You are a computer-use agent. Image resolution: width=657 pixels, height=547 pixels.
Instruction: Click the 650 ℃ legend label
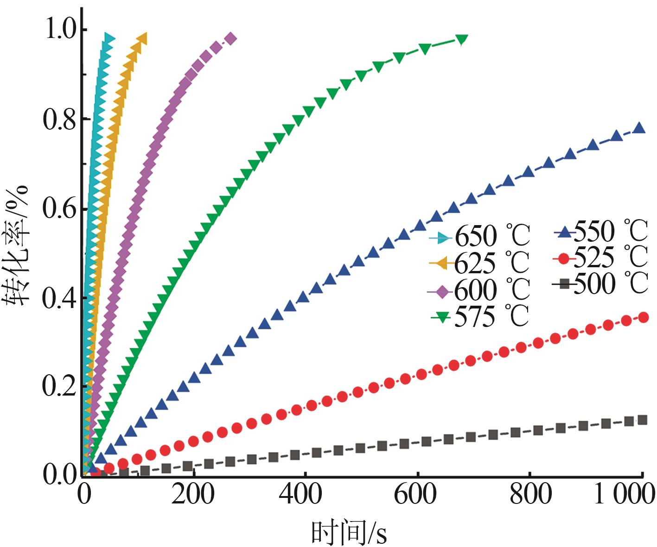click(x=492, y=236)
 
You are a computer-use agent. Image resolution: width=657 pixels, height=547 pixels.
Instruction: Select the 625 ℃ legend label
click(x=491, y=263)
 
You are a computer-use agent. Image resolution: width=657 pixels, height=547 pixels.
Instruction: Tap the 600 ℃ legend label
click(x=492, y=290)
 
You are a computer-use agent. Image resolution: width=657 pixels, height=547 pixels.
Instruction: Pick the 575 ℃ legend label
click(x=491, y=317)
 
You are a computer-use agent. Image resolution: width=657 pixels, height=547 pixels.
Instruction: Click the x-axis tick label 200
click(x=193, y=495)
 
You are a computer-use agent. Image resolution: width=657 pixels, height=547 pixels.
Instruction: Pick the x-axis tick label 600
click(x=415, y=495)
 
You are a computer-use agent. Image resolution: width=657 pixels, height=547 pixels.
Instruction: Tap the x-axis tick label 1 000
click(x=624, y=495)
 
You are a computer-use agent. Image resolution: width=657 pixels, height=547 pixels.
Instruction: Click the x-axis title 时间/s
click(x=349, y=533)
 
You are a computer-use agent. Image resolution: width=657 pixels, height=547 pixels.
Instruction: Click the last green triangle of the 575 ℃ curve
click(x=461, y=39)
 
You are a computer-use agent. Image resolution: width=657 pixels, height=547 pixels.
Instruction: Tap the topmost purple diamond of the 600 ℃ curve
click(x=230, y=38)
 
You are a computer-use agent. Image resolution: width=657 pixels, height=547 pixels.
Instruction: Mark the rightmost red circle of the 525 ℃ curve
click(x=644, y=317)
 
